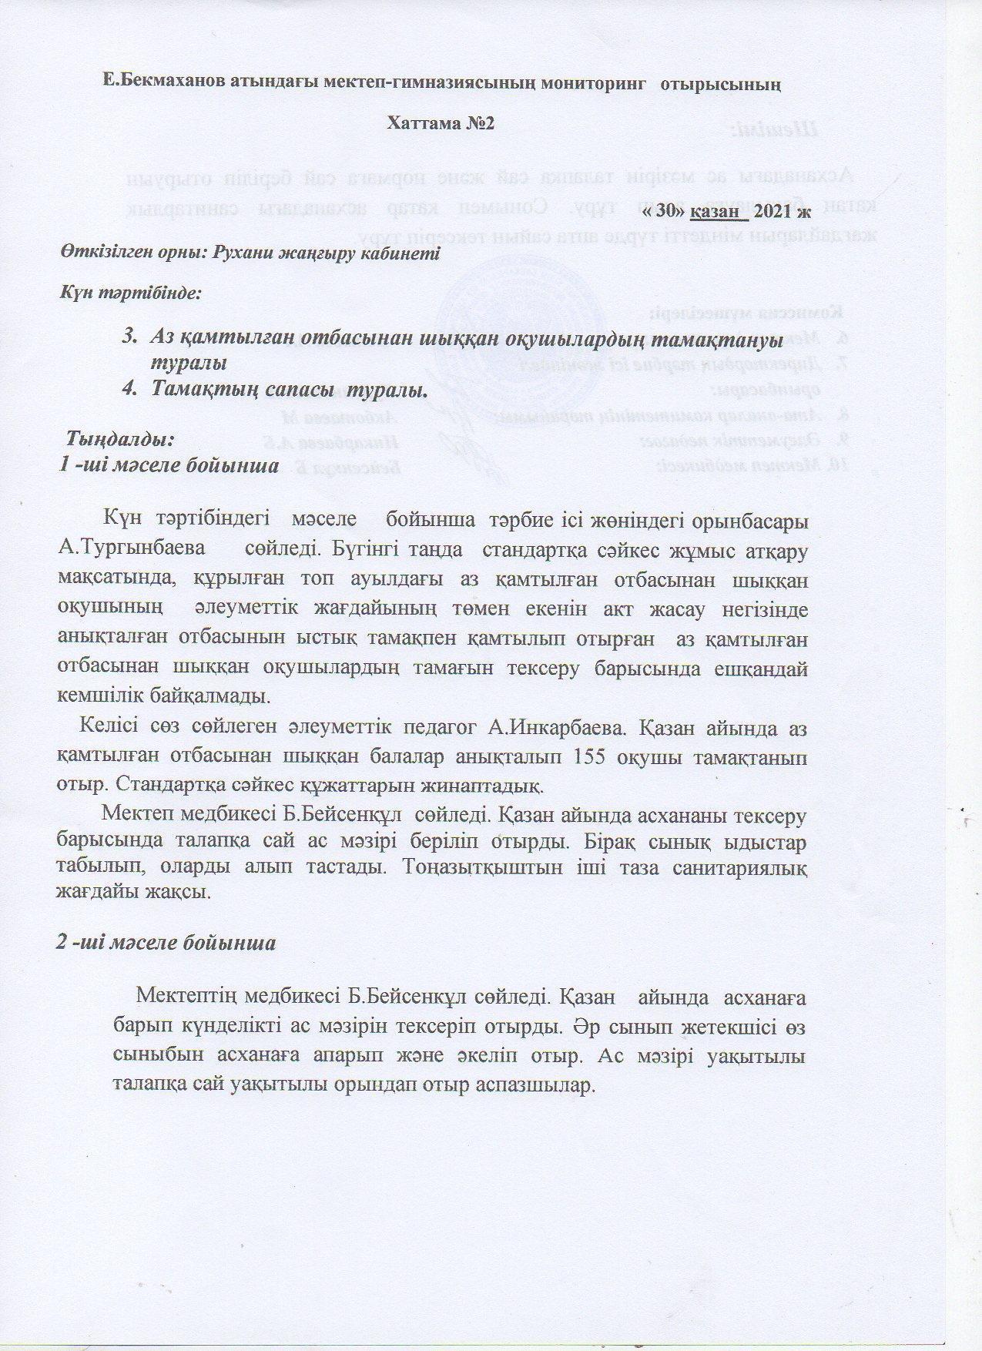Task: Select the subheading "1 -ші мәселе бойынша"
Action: pos(169,466)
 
